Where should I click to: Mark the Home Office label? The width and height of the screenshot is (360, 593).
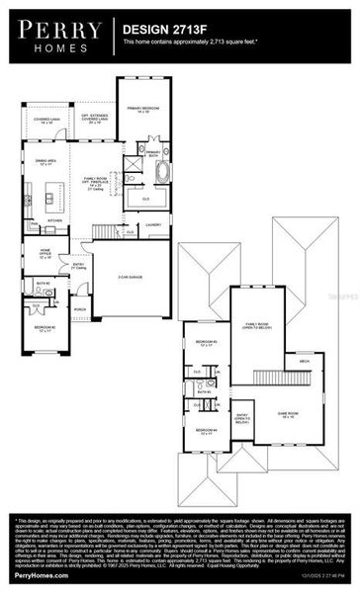46,253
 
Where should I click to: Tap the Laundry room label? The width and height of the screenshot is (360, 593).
153,224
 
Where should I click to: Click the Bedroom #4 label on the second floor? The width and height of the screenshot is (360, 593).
206,430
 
